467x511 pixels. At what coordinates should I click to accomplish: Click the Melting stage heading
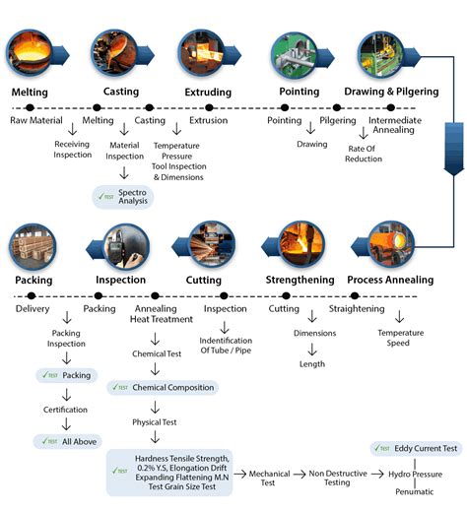29,92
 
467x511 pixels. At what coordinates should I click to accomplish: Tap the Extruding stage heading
208,92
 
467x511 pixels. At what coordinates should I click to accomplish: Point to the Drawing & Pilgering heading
390,92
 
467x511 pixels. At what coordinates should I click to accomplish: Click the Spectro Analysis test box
124,195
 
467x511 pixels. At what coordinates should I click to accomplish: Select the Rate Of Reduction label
364,154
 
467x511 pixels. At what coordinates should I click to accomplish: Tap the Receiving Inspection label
72,149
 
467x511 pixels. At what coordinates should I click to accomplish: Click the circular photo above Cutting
209,243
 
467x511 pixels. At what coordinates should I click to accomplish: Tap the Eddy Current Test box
414,448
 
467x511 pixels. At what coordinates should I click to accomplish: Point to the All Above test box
68,441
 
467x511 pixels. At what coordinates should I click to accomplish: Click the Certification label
66,409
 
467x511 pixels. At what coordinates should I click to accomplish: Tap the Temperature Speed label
400,338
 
